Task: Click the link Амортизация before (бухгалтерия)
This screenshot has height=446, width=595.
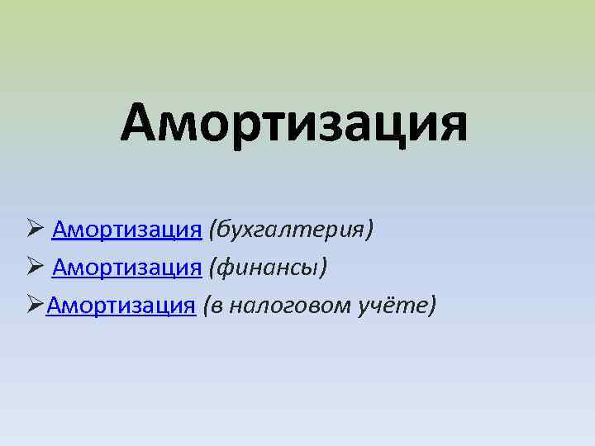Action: tap(126, 229)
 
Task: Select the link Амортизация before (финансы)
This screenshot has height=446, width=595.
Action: tap(126, 267)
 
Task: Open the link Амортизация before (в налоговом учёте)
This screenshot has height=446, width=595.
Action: tap(121, 305)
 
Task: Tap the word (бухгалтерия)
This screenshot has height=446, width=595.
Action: tap(291, 229)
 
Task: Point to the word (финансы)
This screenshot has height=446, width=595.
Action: tap(269, 267)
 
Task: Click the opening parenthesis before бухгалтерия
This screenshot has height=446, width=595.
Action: tap(212, 229)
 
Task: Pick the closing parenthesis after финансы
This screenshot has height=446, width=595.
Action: tap(325, 268)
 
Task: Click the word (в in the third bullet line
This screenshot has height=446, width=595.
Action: tap(212, 305)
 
